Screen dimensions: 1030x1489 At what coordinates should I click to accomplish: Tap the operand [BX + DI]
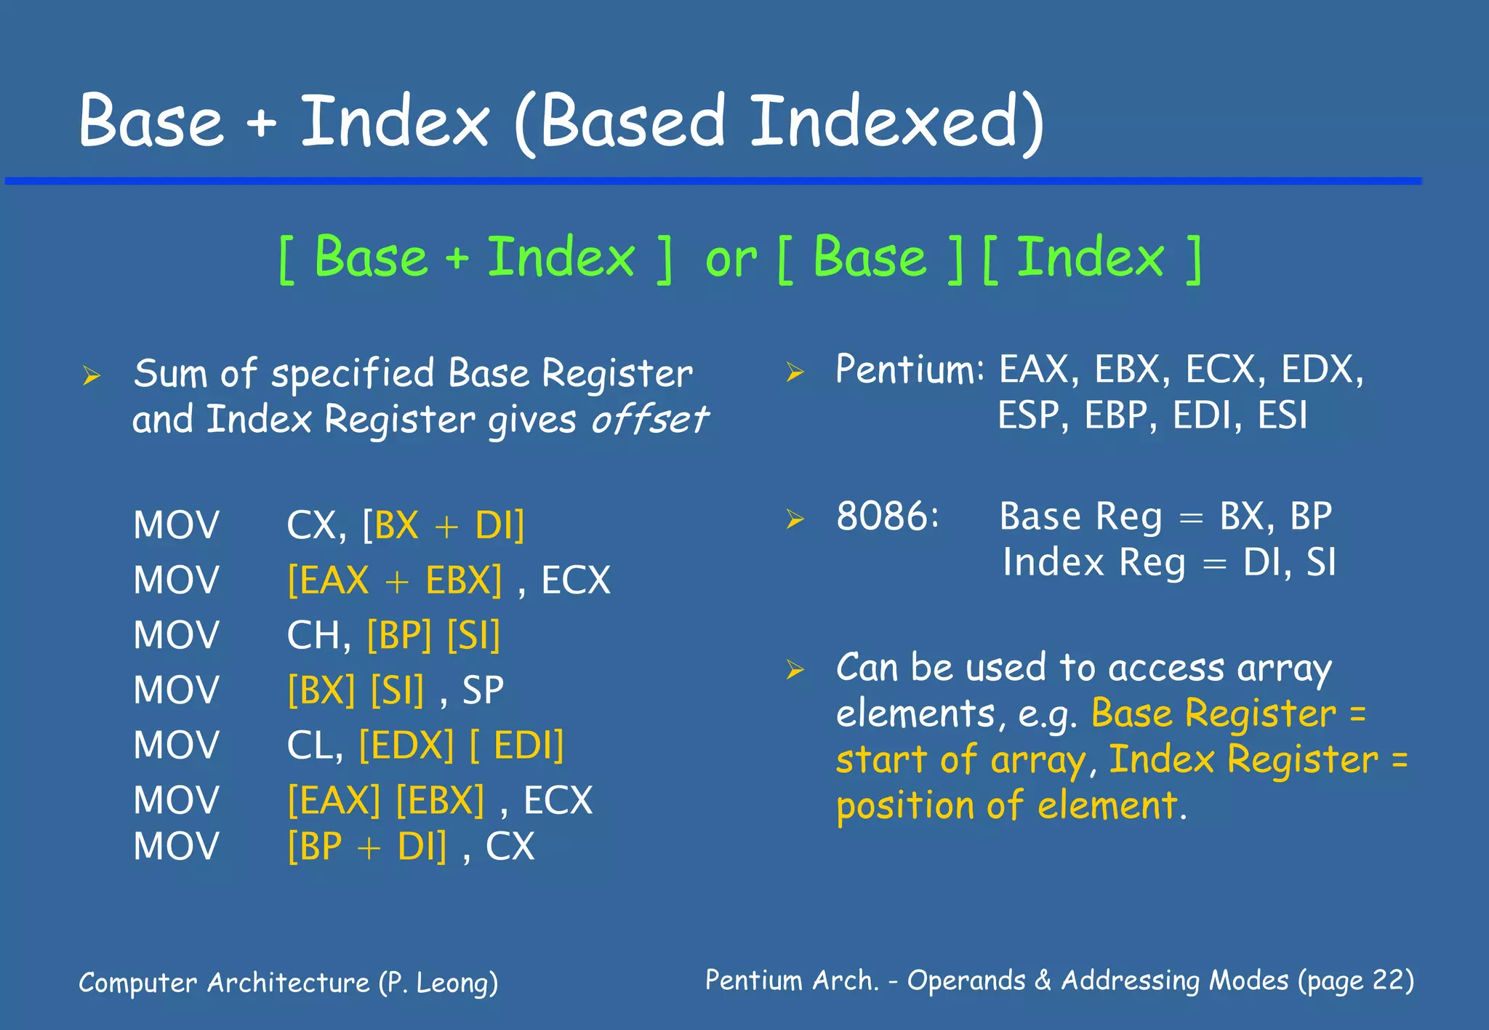[444, 525]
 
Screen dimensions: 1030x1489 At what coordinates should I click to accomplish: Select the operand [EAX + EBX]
[395, 580]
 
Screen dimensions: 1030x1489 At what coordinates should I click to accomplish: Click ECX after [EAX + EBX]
[576, 580]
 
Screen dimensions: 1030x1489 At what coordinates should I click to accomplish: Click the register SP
[483, 690]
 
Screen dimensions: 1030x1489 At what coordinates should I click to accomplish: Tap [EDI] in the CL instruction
[517, 746]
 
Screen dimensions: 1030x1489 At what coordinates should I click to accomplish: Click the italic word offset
[649, 420]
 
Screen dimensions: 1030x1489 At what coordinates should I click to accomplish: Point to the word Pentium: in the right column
[910, 370]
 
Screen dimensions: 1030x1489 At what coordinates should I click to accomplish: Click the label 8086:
[888, 516]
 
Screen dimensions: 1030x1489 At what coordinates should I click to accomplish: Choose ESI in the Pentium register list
[1283, 416]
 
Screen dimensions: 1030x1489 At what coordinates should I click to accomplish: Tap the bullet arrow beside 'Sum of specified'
[92, 376]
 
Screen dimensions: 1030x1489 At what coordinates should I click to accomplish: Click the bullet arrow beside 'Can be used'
[795, 669]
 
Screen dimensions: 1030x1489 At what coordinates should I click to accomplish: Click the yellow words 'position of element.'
[1011, 807]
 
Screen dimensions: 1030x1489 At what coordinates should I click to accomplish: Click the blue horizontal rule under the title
[713, 180]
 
